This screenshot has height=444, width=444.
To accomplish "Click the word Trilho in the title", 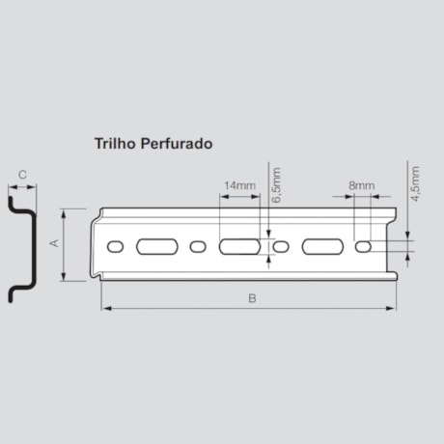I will (114, 142).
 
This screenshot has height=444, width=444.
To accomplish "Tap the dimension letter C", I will (23, 176).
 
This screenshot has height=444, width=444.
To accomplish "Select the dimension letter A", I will (54, 243).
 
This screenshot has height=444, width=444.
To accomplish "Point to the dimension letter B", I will (251, 298).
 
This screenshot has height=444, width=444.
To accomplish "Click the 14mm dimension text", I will (238, 184).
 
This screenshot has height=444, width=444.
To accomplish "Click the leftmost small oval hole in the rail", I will (115, 247).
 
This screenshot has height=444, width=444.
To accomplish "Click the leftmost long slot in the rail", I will (156, 247).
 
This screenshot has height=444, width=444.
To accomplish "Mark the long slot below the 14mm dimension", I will (238, 247).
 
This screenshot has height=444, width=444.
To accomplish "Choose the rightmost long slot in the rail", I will (321, 247).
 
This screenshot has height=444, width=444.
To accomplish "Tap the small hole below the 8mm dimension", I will (363, 247).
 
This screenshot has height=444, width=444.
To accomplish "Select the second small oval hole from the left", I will (198, 247).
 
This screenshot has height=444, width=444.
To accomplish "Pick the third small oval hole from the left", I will (281, 247).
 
